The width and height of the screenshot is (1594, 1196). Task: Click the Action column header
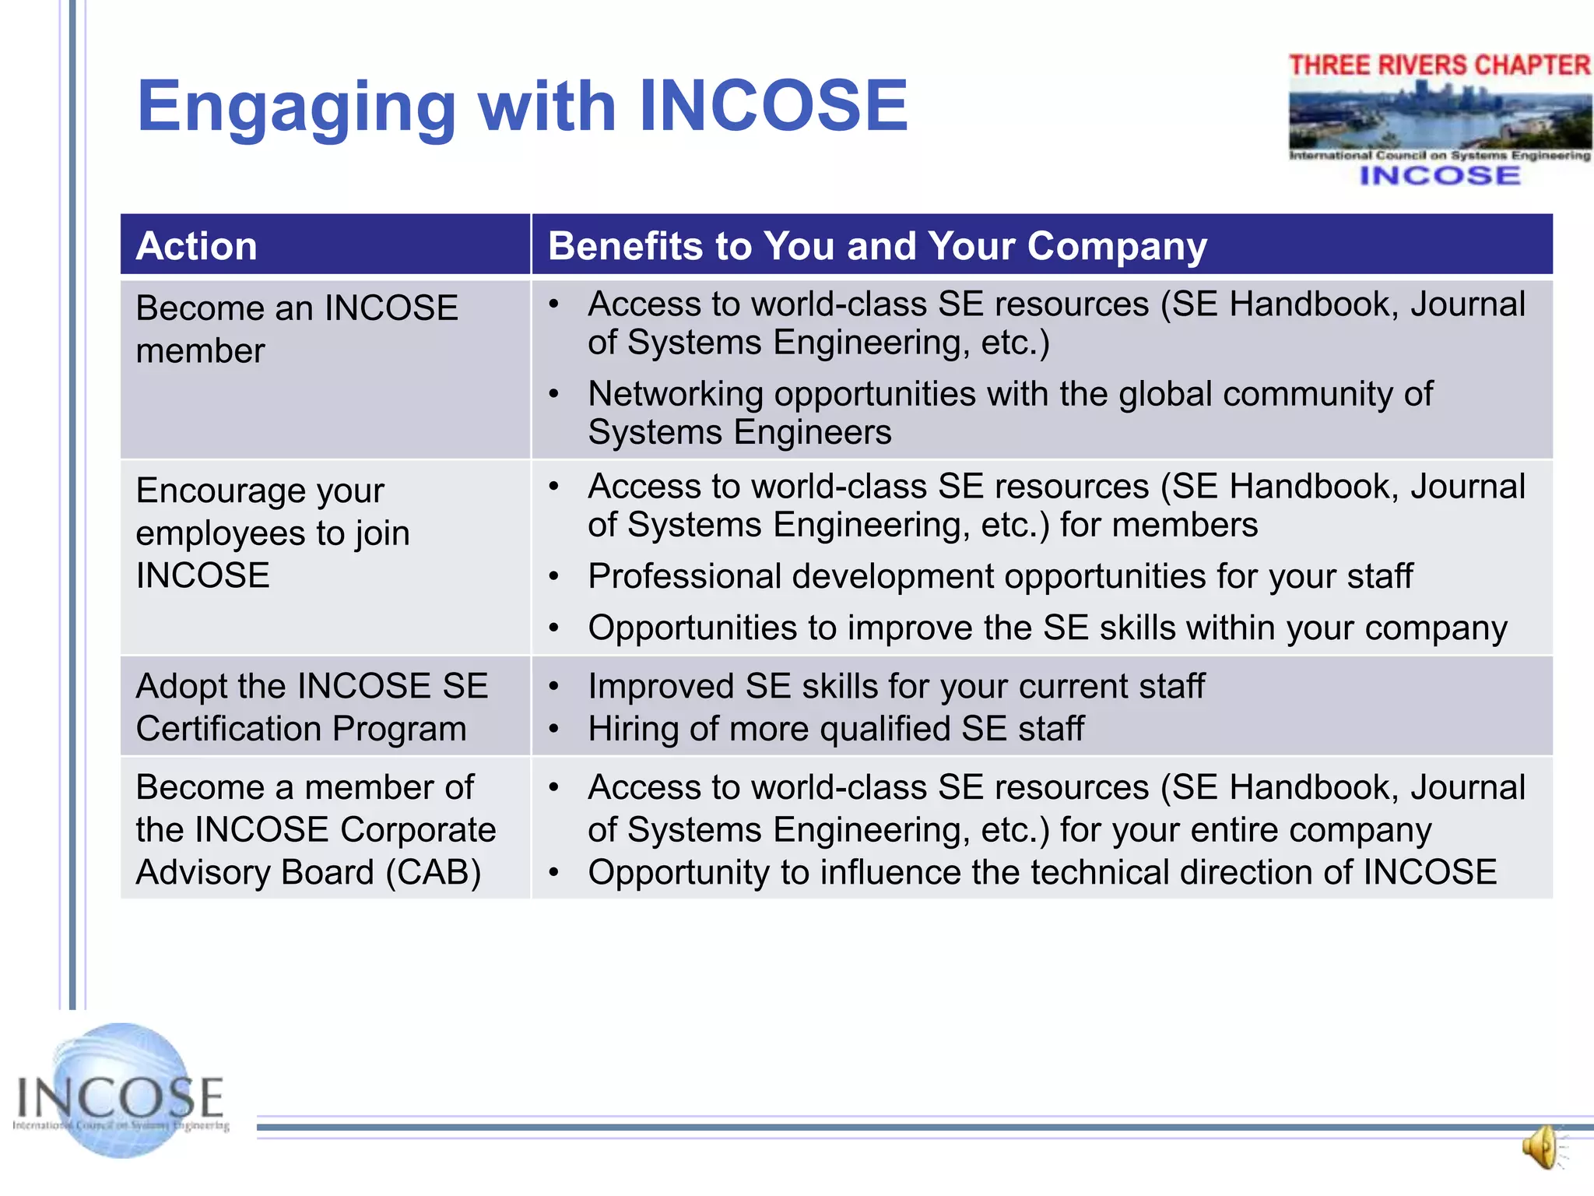click(196, 246)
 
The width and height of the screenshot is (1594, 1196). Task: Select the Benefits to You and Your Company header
click(876, 246)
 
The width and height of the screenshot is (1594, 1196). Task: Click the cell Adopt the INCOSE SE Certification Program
click(311, 707)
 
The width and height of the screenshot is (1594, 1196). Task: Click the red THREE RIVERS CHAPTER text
click(1439, 65)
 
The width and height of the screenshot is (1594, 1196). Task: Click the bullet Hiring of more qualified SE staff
click(835, 729)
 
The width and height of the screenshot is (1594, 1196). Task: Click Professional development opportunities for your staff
click(999, 576)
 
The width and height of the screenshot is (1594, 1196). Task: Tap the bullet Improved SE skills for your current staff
click(896, 686)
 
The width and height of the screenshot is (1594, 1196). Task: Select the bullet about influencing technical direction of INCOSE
click(1041, 872)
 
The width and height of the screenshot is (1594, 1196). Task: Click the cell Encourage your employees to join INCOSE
click(272, 533)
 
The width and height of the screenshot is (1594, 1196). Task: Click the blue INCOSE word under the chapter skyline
click(1439, 176)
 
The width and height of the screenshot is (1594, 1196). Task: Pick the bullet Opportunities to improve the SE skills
click(1047, 628)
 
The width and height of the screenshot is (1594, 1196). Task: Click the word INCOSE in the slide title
click(773, 107)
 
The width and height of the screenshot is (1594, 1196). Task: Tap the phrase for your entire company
click(1245, 830)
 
